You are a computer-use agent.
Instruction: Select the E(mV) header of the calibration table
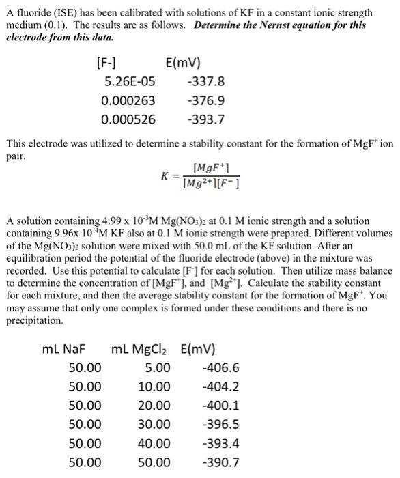click(184, 65)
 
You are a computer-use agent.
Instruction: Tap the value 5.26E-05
click(130, 83)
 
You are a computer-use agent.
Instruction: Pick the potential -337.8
click(205, 83)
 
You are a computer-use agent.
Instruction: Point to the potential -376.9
click(205, 101)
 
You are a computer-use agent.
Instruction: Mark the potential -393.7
click(205, 120)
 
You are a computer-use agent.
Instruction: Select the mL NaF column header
click(68, 350)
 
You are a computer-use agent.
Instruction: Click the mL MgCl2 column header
click(141, 350)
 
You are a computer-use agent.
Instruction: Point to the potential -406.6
click(221, 369)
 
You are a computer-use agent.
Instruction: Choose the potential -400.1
click(221, 406)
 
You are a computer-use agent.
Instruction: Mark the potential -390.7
click(221, 463)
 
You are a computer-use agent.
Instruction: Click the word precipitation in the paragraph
click(34, 320)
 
